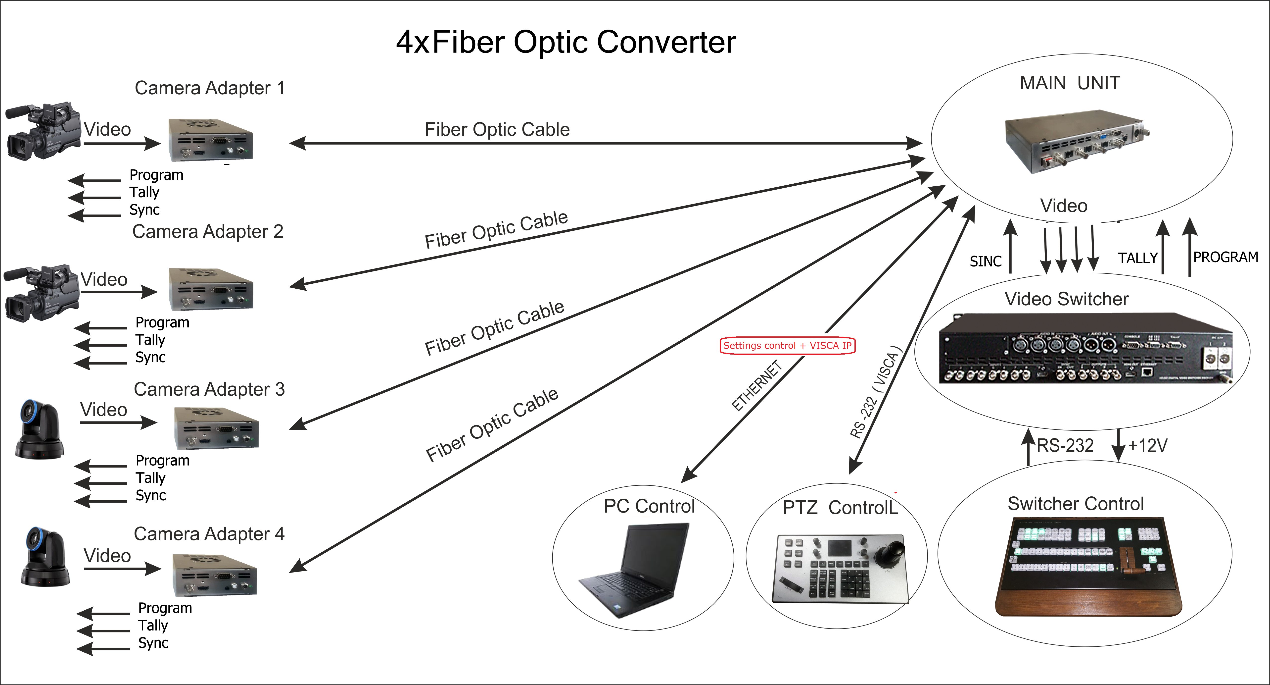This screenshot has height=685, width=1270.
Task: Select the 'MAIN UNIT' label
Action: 1070,83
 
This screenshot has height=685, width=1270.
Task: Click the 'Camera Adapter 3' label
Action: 209,389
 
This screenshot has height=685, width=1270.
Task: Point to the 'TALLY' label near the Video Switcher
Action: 1137,258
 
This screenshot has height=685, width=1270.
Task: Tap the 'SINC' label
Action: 986,261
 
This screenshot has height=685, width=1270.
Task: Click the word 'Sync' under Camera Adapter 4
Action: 153,643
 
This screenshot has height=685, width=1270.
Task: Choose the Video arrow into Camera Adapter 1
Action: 122,144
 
